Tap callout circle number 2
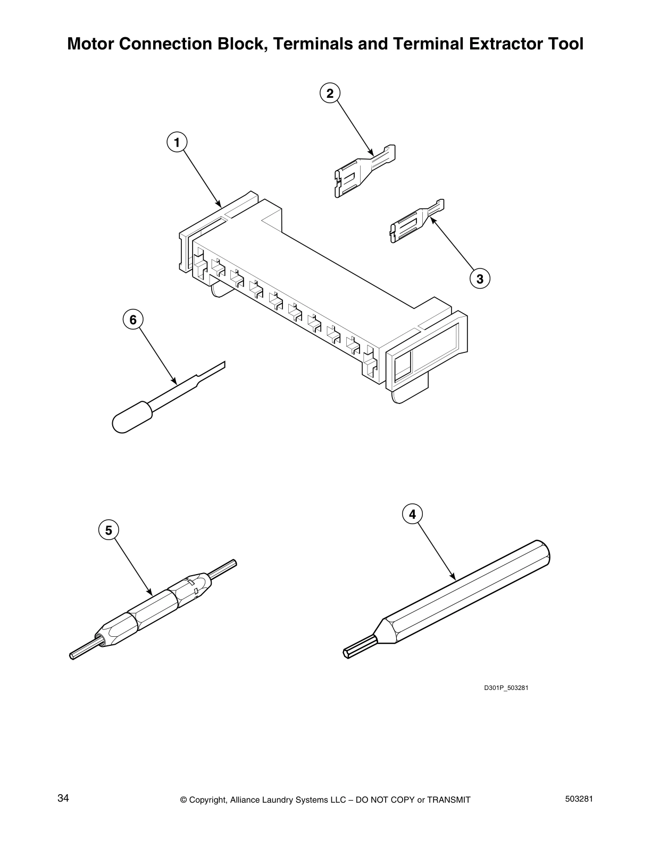click(x=330, y=94)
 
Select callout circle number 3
click(x=480, y=278)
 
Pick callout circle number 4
click(x=412, y=514)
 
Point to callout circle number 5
click(x=108, y=530)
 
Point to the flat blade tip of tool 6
click(x=213, y=370)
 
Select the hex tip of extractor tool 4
click(x=358, y=647)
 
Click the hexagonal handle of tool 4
click(x=468, y=591)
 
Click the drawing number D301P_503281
click(x=505, y=688)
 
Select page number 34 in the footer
click(x=63, y=798)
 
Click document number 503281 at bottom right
click(x=578, y=798)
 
